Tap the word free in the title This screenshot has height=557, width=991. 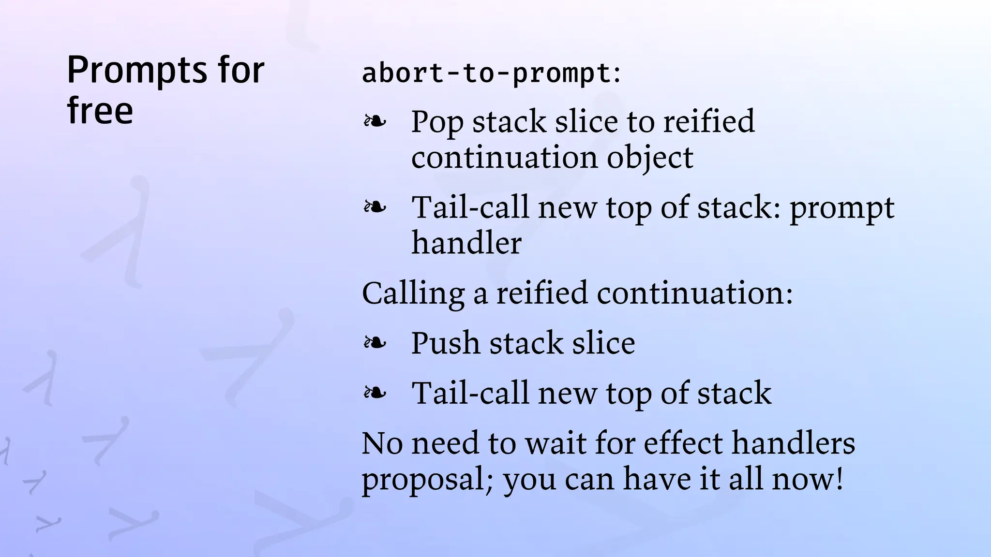point(100,110)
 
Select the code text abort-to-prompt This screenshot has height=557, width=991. point(486,73)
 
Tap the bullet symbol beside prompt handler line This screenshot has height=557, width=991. point(375,207)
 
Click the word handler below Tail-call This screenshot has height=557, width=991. point(466,243)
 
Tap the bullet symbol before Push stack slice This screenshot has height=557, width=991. point(375,343)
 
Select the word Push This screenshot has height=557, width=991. point(445,343)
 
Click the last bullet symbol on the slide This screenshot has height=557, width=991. point(375,393)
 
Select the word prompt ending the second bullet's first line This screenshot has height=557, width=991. point(842,208)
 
